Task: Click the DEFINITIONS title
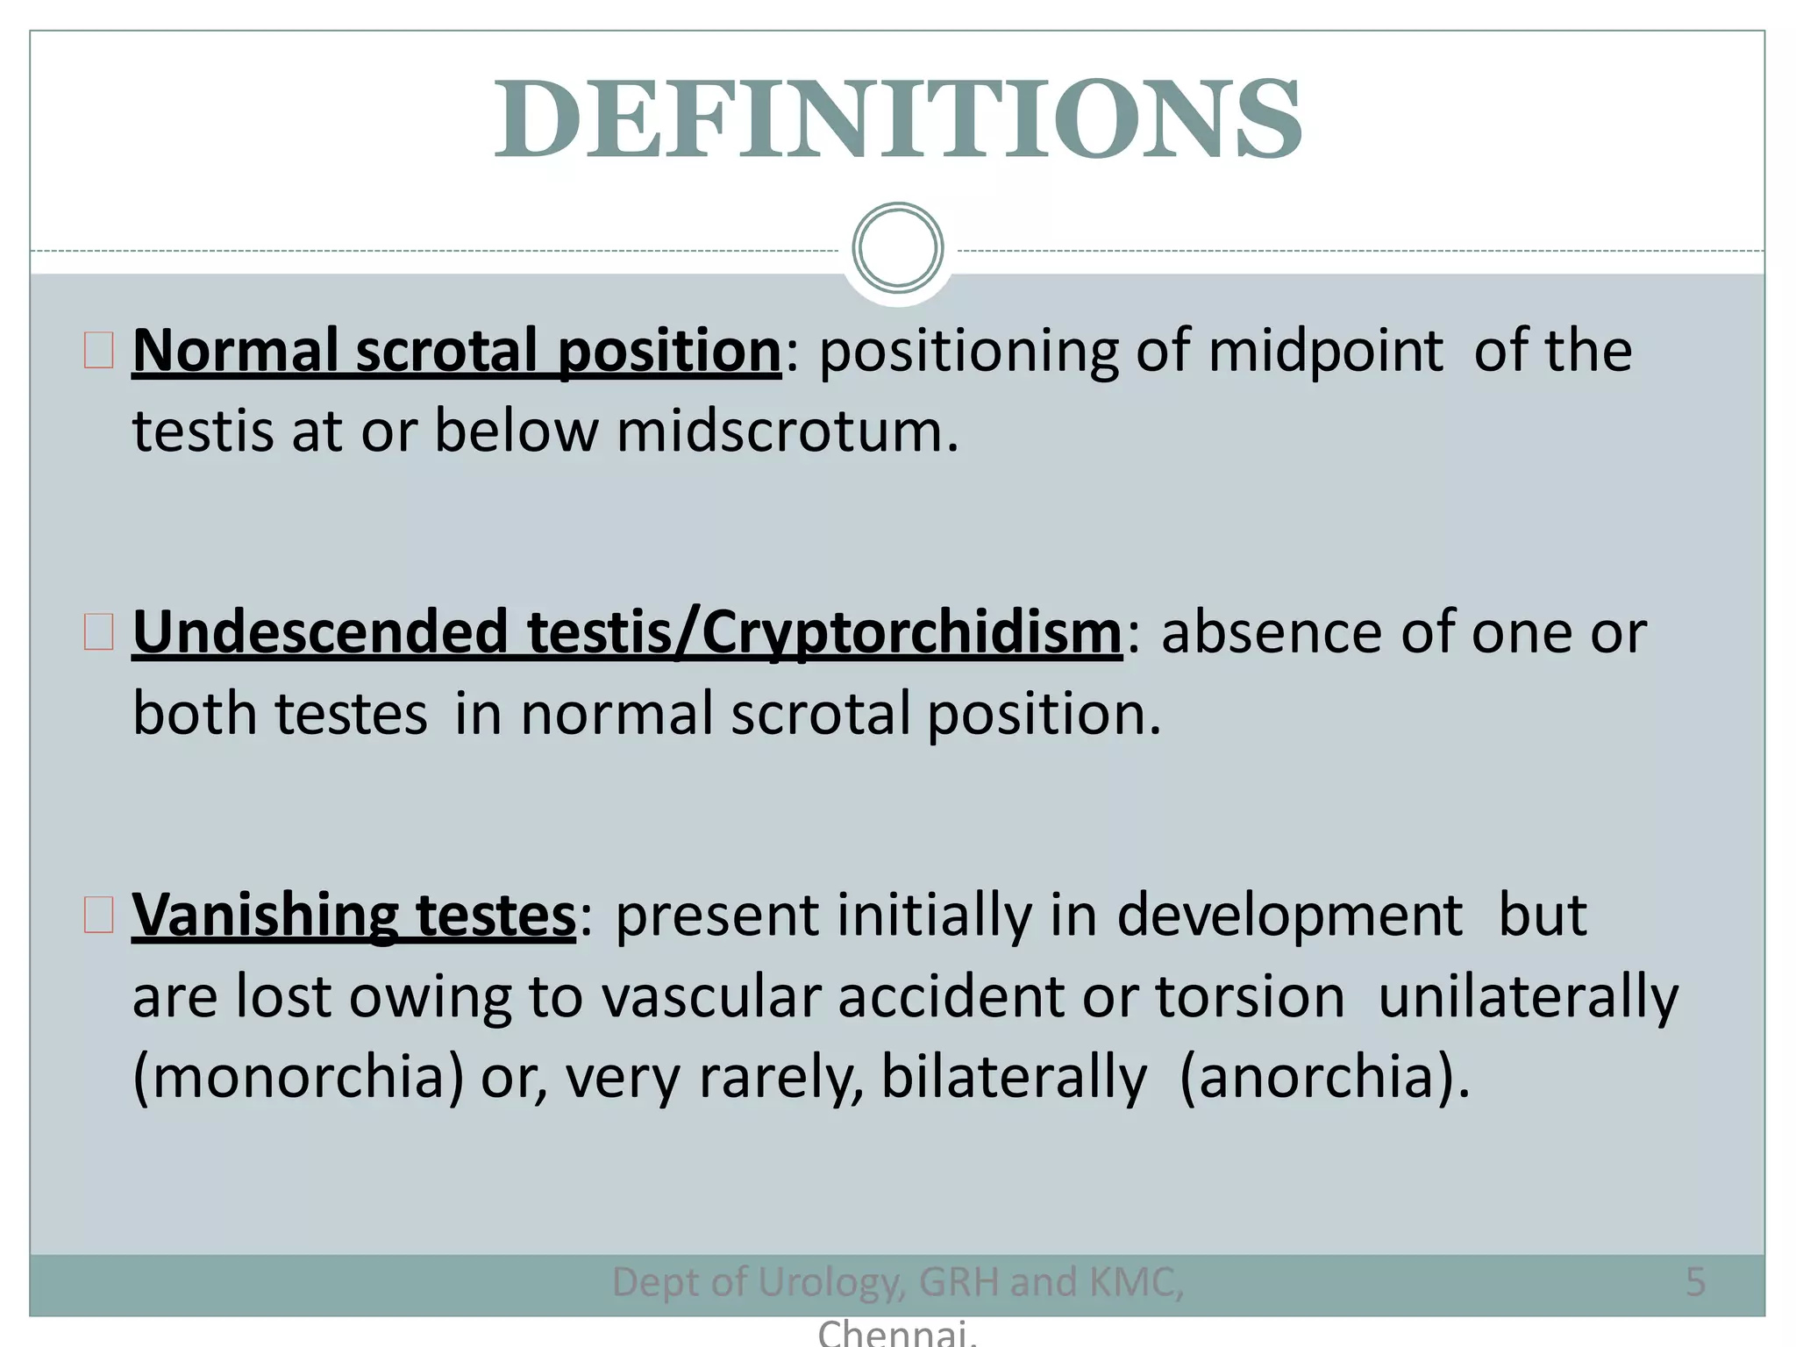coord(897,120)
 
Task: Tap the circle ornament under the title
coord(897,248)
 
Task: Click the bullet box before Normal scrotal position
coord(99,350)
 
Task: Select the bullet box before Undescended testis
coord(99,631)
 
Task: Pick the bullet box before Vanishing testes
coord(99,914)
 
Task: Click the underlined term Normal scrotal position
coord(456,351)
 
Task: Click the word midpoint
coord(1324,351)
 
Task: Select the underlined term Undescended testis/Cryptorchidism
coord(627,632)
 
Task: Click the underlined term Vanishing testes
coord(354,915)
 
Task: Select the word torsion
coord(1250,997)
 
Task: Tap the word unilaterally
coord(1528,998)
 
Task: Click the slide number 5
coord(1695,1282)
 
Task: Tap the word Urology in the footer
coord(829,1283)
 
